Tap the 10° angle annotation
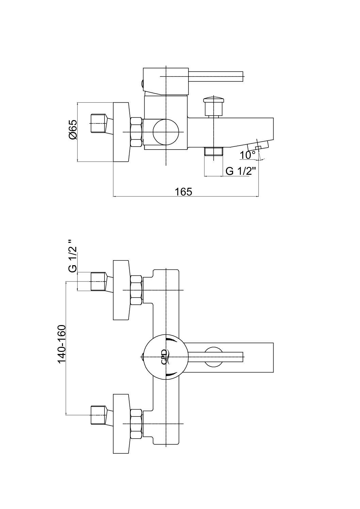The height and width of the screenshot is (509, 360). [247, 155]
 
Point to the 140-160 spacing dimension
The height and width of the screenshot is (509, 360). [61, 344]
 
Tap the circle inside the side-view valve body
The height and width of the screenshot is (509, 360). [166, 132]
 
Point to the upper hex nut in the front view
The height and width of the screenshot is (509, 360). [136, 290]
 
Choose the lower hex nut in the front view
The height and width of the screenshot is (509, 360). [136, 424]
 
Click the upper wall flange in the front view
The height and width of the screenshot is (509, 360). [121, 290]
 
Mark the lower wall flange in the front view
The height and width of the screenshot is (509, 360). [121, 424]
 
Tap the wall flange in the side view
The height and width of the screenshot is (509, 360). [121, 132]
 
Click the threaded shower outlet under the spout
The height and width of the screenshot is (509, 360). [213, 152]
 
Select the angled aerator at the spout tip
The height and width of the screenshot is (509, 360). [261, 145]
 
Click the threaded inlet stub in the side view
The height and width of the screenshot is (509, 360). [99, 123]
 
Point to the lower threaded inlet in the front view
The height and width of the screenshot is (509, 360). [99, 415]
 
